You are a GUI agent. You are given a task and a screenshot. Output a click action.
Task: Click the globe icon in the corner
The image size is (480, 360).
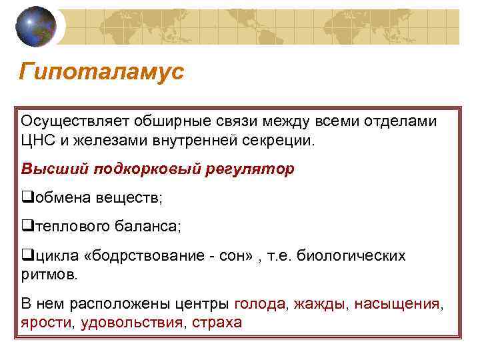(36, 26)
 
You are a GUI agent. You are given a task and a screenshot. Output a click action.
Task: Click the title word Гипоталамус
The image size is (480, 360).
(101, 72)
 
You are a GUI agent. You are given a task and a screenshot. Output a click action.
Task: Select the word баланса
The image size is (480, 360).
(150, 227)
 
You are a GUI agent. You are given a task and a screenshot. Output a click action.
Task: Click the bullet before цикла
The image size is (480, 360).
(27, 256)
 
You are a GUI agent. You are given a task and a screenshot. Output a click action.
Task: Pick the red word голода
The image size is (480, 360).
(260, 304)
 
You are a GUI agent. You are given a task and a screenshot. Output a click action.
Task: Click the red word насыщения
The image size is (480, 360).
(397, 304)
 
